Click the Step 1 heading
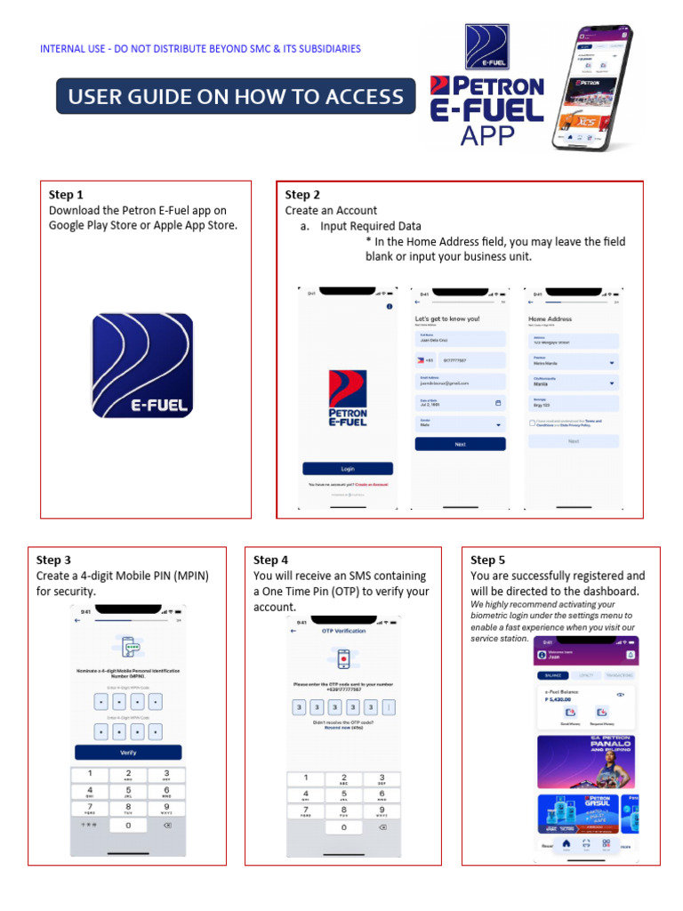click(66, 195)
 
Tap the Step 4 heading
click(271, 560)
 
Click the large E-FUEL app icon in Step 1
click(142, 366)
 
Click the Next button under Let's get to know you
click(460, 444)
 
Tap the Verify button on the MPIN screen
click(128, 752)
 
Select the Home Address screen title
click(550, 318)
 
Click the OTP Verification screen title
click(343, 631)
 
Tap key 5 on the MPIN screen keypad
click(128, 791)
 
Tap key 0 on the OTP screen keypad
click(344, 827)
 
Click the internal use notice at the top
click(200, 49)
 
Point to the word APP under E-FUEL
click(487, 135)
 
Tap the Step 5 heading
click(487, 560)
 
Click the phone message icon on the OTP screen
click(343, 659)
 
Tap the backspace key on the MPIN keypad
click(165, 826)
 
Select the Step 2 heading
click(302, 195)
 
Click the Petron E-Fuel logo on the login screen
click(347, 396)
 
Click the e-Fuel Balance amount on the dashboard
click(557, 700)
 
